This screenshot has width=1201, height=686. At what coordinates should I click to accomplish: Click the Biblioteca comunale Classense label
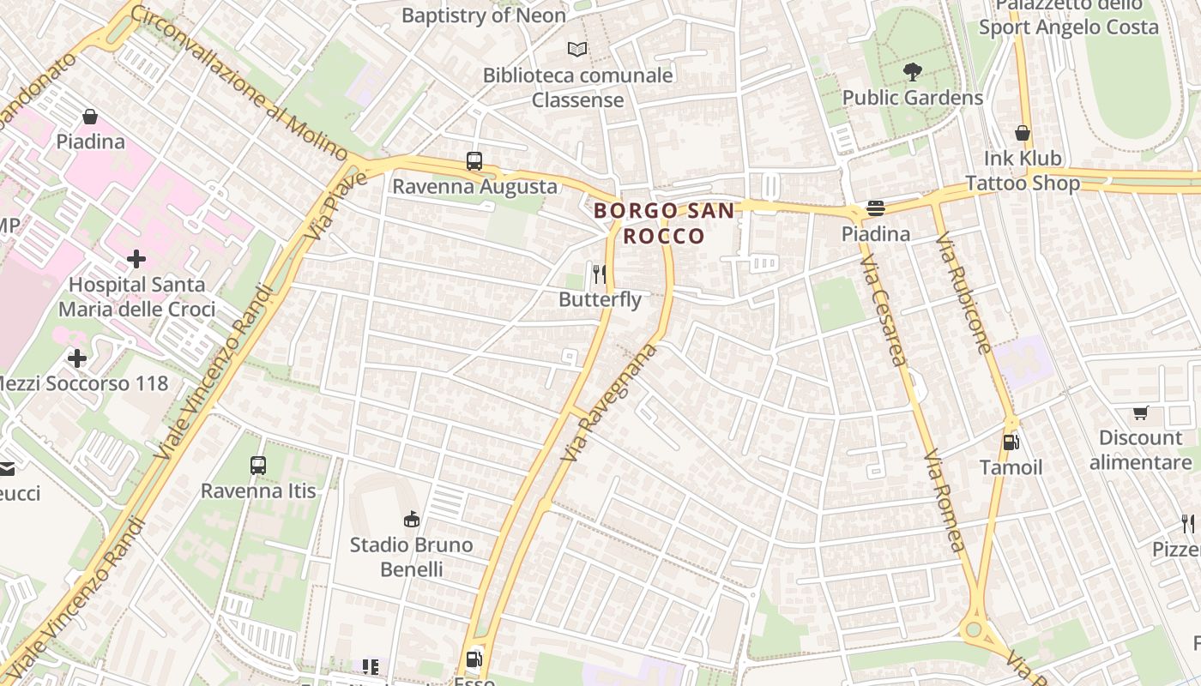pyautogui.click(x=577, y=87)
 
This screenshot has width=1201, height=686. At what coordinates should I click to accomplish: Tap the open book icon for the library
pyautogui.click(x=578, y=50)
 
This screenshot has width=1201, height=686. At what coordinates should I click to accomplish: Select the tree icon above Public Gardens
pyautogui.click(x=913, y=72)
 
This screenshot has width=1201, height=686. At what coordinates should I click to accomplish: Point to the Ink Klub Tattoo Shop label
pyautogui.click(x=1023, y=171)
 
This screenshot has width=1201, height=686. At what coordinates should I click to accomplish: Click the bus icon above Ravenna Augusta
pyautogui.click(x=474, y=161)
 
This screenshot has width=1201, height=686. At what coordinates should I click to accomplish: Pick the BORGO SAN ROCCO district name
pyautogui.click(x=665, y=223)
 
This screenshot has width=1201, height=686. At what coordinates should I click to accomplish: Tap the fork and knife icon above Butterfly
pyautogui.click(x=600, y=274)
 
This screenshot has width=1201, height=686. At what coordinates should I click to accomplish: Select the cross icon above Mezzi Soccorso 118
pyautogui.click(x=77, y=358)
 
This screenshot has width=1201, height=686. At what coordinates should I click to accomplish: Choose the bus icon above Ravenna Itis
pyautogui.click(x=258, y=466)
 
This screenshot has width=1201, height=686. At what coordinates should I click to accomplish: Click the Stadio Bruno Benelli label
pyautogui.click(x=412, y=557)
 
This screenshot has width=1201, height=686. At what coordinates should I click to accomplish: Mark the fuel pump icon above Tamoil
pyautogui.click(x=1011, y=442)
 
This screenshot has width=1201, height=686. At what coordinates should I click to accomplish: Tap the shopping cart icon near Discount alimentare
pyautogui.click(x=1140, y=413)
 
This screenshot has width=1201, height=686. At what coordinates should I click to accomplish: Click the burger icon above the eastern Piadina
pyautogui.click(x=875, y=208)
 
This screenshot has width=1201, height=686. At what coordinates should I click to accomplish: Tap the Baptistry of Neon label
pyautogui.click(x=484, y=15)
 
